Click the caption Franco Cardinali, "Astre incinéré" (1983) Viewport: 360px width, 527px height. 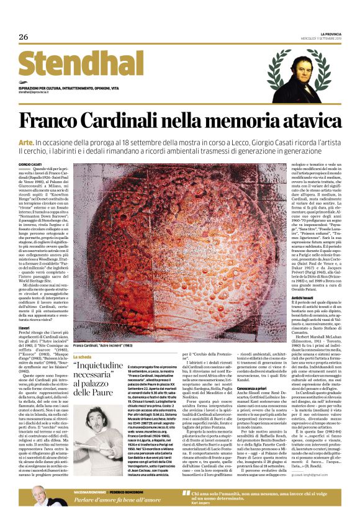pyautogui.click(x=103, y=345)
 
